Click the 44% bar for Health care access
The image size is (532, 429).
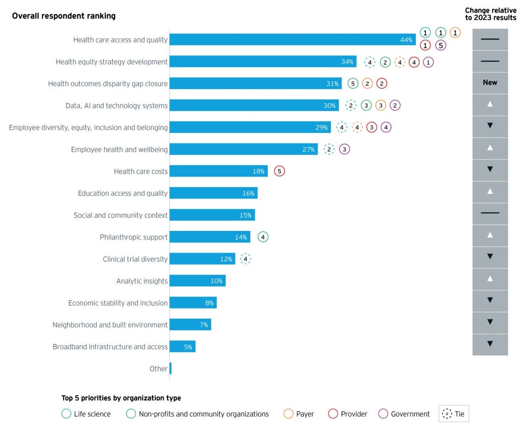(x=292, y=40)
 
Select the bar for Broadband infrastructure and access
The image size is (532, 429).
(x=183, y=347)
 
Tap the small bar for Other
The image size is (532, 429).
(x=171, y=369)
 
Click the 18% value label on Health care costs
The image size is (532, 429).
(x=258, y=171)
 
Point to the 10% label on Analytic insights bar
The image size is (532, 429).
(x=216, y=281)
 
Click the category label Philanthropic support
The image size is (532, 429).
(x=134, y=237)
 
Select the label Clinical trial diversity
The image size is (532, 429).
(x=135, y=259)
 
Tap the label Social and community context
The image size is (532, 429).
(x=120, y=215)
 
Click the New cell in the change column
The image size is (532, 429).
(x=490, y=83)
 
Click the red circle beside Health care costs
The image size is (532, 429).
(x=280, y=171)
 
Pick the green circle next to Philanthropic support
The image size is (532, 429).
(x=263, y=237)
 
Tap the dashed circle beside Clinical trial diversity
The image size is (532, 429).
(x=245, y=259)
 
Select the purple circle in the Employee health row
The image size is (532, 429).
(x=344, y=149)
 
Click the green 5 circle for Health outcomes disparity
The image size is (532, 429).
(x=353, y=83)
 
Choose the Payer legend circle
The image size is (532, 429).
(x=288, y=414)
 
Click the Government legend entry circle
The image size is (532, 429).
(x=383, y=414)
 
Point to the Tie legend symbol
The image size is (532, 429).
(x=447, y=414)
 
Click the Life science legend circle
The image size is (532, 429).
(x=66, y=414)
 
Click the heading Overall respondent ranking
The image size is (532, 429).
(x=64, y=16)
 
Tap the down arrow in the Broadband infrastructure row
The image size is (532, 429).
(x=490, y=344)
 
